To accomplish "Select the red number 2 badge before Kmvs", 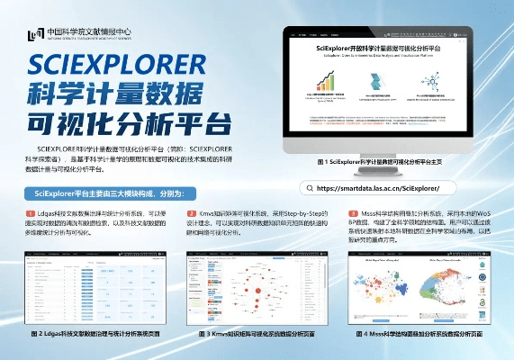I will point(192,211).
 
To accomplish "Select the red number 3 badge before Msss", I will point(354,211).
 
